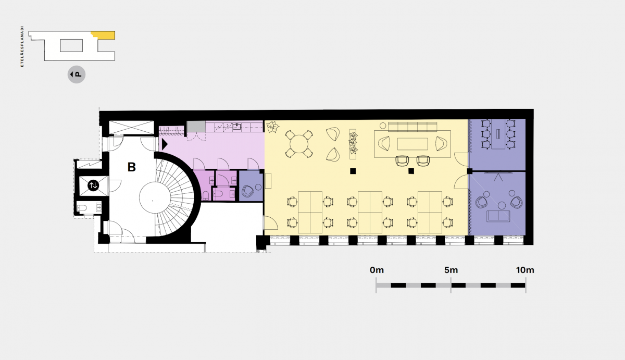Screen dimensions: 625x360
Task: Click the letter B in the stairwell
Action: [131, 167]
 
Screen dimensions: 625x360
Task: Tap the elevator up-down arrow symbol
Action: [93, 185]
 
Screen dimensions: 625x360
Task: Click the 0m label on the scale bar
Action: [377, 270]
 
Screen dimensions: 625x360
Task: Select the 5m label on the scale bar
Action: [451, 270]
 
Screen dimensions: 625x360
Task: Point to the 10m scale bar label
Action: [525, 270]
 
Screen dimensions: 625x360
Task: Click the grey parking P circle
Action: [77, 75]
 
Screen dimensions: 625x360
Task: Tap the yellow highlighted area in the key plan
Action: [104, 35]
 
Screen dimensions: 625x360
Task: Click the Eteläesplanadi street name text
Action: [22, 46]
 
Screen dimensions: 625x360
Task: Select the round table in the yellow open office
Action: [299, 144]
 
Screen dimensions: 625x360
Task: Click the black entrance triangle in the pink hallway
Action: [165, 144]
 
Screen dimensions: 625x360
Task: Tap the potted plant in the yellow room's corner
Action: [272, 127]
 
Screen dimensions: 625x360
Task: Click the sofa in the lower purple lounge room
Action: [498, 216]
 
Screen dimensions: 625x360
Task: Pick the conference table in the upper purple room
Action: [498, 134]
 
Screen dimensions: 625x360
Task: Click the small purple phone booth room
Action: [251, 186]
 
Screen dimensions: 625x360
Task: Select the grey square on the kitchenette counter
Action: [196, 126]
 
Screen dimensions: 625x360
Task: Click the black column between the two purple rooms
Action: [470, 171]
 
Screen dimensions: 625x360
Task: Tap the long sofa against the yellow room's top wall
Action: [413, 127]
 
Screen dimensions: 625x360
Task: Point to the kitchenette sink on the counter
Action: [237, 127]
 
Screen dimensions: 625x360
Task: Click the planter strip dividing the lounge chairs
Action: [353, 144]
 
